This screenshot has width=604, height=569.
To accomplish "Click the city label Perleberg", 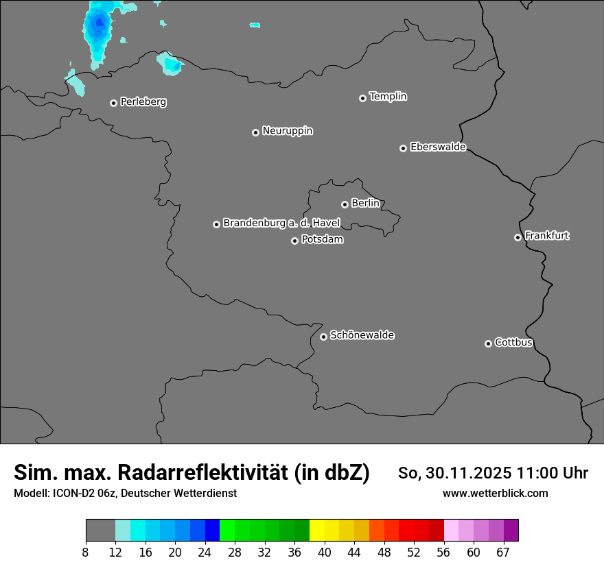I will pyautogui.click(x=143, y=102).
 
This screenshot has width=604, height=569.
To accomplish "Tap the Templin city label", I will pyautogui.click(x=388, y=97).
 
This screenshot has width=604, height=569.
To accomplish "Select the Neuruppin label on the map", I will pyautogui.click(x=287, y=131).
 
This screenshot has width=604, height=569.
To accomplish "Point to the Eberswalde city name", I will pyautogui.click(x=438, y=147).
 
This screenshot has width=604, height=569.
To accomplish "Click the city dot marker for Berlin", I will pyautogui.click(x=345, y=204).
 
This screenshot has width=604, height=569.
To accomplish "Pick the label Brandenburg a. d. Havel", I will pyautogui.click(x=281, y=223).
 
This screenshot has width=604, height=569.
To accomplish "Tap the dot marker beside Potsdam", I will pyautogui.click(x=294, y=241).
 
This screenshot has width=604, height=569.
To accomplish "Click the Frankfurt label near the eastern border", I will pyautogui.click(x=546, y=236).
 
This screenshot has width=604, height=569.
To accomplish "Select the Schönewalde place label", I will pyautogui.click(x=362, y=335).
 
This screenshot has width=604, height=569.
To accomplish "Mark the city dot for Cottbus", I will pyautogui.click(x=488, y=343).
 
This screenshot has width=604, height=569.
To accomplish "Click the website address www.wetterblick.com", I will pyautogui.click(x=495, y=494).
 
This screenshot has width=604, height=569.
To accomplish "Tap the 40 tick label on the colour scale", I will pyautogui.click(x=325, y=553).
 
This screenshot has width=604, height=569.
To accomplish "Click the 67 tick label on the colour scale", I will pyautogui.click(x=503, y=553).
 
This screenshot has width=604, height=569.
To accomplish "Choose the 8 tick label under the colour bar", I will pyautogui.click(x=85, y=553).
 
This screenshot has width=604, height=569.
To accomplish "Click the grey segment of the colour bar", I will pyautogui.click(x=100, y=531).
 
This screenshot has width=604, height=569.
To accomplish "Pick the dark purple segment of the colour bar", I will pyautogui.click(x=511, y=531).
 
